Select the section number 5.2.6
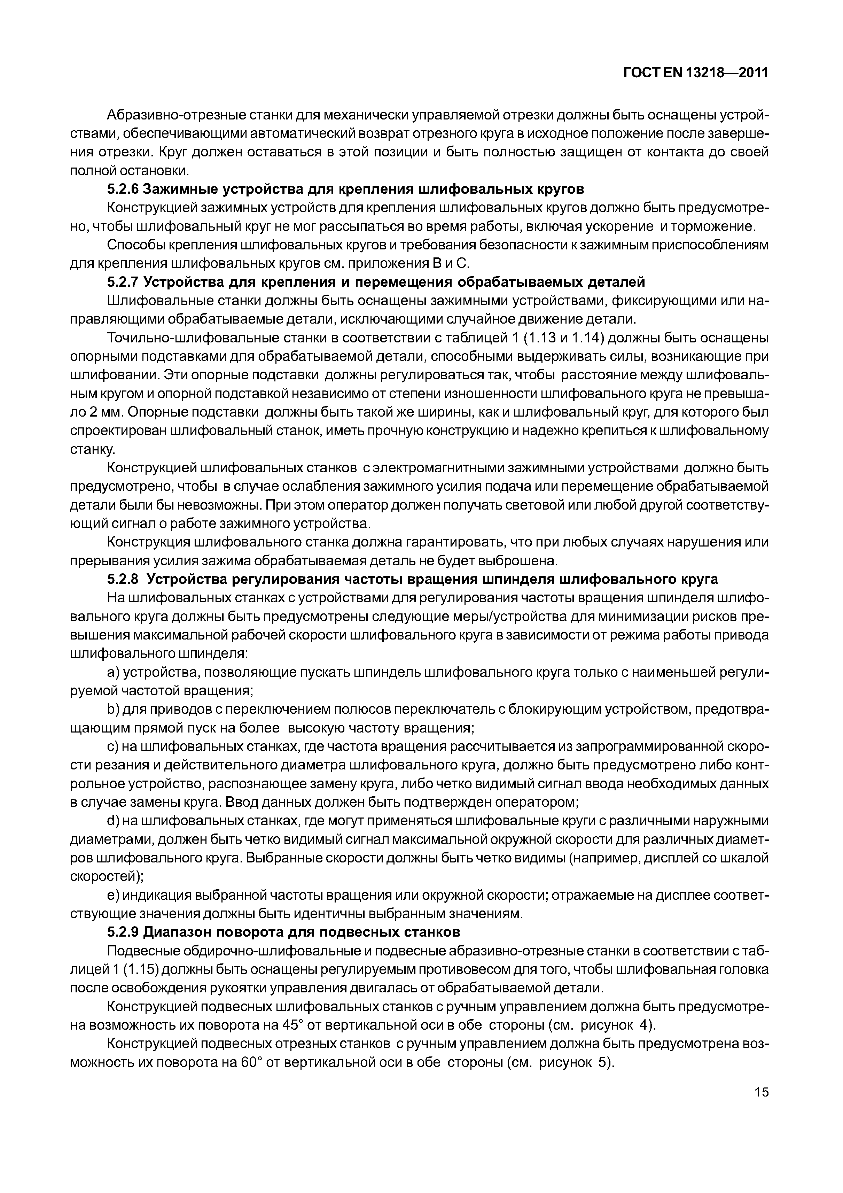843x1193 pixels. point(123,189)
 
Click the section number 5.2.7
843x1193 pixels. point(123,282)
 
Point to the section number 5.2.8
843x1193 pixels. point(123,579)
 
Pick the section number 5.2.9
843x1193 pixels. point(123,932)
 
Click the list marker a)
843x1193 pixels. point(114,673)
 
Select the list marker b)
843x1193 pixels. point(114,710)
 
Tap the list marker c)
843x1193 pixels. point(114,747)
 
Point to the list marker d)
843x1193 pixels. point(114,821)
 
